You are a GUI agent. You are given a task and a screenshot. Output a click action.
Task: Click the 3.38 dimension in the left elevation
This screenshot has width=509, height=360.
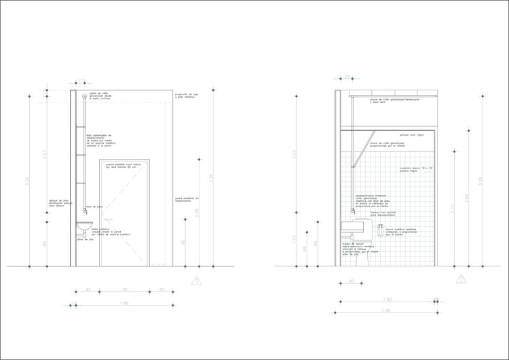(212, 179)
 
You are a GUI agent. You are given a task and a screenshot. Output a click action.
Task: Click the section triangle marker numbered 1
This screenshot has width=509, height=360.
(197, 279)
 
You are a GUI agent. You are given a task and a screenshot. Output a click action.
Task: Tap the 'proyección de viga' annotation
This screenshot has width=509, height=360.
(187, 96)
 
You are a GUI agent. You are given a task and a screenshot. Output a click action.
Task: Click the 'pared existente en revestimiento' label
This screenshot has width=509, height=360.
(188, 200)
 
